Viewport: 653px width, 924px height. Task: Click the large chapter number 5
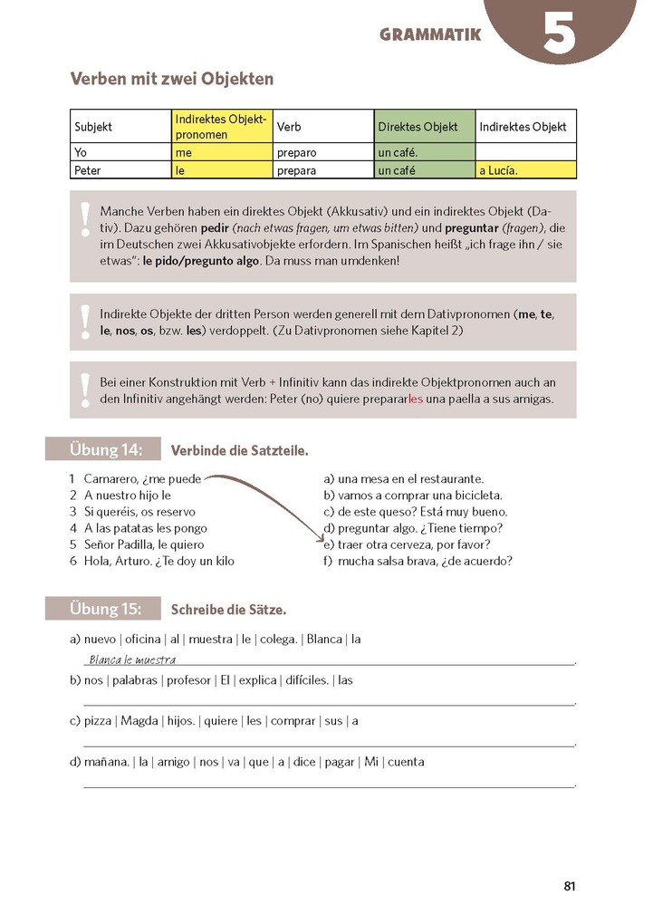coord(560,34)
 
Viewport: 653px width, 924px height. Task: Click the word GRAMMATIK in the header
coord(430,35)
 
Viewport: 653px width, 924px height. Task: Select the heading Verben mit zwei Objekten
coord(172,80)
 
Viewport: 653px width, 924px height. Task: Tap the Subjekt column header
coord(93,127)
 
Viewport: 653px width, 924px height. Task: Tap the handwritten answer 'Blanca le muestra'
coord(132,659)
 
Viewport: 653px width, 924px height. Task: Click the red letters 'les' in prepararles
coord(416,399)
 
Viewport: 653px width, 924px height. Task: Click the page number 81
coord(569,886)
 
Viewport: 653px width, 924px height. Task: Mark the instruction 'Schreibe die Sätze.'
coord(228,610)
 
